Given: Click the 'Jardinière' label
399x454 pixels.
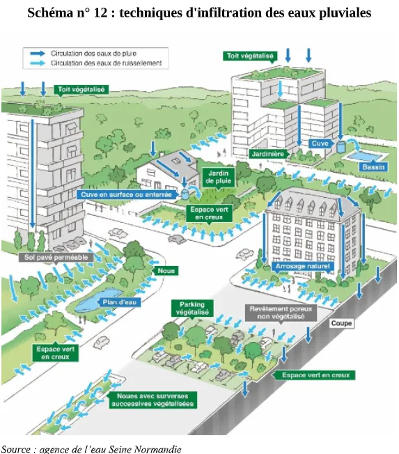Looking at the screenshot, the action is (x=268, y=154).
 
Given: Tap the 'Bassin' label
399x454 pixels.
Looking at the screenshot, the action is (x=373, y=167).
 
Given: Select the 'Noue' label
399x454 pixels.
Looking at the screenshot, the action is (x=166, y=271).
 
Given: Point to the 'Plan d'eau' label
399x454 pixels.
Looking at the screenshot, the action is (x=119, y=303).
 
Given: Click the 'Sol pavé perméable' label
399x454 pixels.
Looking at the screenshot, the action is (x=56, y=258).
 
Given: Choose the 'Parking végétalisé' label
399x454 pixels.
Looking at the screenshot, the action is (x=192, y=308).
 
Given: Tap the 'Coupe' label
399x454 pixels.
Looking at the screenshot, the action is (x=341, y=323).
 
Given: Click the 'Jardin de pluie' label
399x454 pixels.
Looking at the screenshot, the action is (x=218, y=177).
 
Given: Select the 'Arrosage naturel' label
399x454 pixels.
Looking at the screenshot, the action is (x=303, y=266).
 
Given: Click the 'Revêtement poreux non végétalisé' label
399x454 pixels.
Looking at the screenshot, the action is (x=281, y=313).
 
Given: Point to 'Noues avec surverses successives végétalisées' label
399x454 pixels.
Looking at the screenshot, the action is (x=153, y=400).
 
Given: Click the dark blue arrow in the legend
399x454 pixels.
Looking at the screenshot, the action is (x=38, y=54).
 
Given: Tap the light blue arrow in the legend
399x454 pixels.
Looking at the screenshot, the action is (x=38, y=63).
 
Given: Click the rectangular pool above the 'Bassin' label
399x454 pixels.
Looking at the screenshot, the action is (x=364, y=157).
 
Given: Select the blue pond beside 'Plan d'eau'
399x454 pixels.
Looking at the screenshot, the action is (x=94, y=299).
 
